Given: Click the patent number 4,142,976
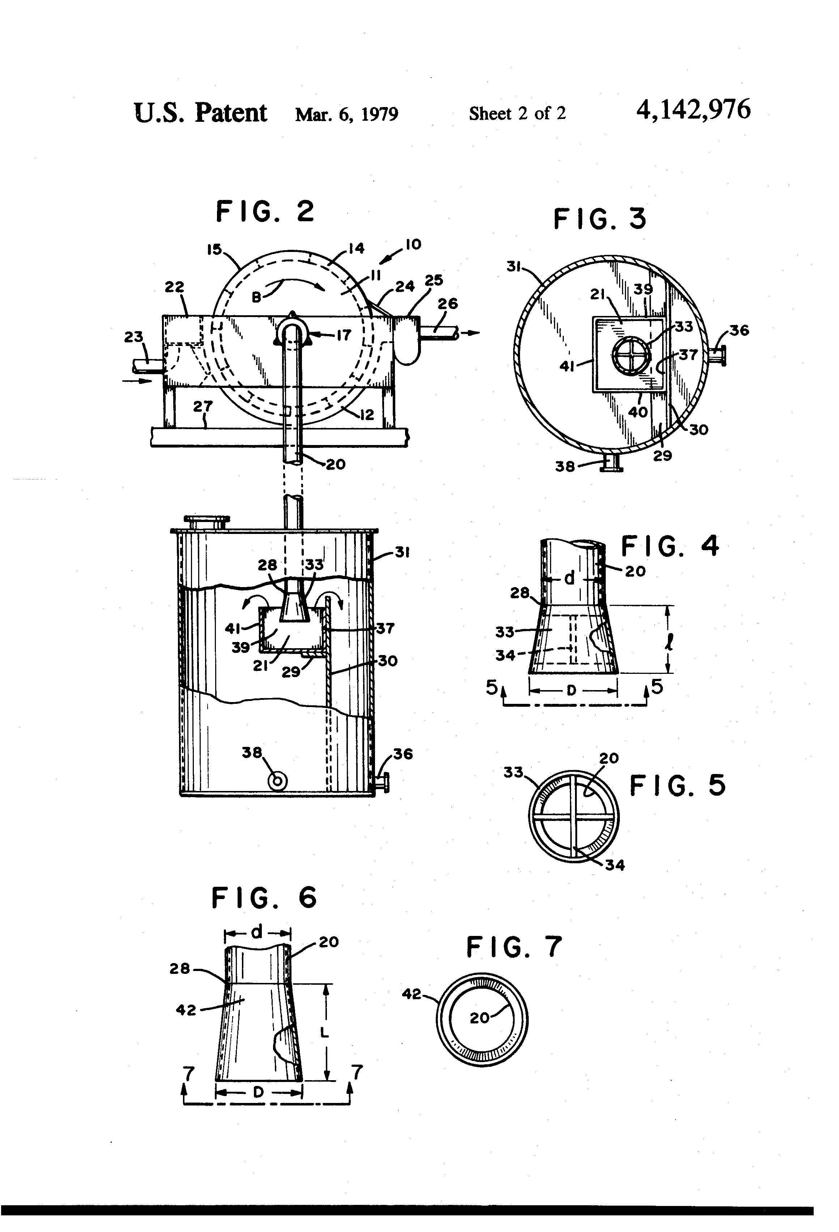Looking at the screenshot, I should (x=693, y=110).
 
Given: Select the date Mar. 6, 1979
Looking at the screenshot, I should (x=346, y=114).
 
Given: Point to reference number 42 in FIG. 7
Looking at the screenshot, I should (x=411, y=994).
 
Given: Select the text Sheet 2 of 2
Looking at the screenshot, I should (x=517, y=114).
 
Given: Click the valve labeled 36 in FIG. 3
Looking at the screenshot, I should (x=719, y=354).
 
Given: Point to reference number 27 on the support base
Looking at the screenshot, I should (x=203, y=407).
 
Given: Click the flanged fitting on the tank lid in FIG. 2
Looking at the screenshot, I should (x=206, y=522).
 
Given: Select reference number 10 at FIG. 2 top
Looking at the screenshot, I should (x=413, y=244).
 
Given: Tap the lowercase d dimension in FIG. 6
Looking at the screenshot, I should (x=257, y=932).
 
